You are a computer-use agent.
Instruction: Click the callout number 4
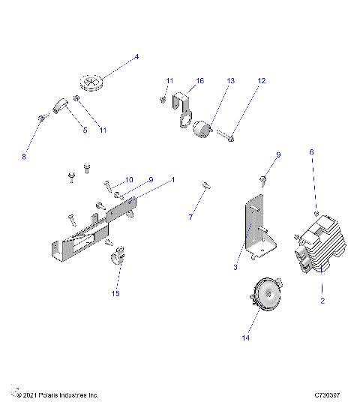pos(136,57)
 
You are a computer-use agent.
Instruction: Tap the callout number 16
pos(199,80)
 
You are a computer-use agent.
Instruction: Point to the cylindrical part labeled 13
pos(200,132)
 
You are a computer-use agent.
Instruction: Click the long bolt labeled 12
pos(226,136)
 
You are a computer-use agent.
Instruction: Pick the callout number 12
pos(261,80)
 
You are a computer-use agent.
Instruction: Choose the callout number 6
pos(312,151)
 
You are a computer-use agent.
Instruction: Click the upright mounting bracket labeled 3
pos(256,229)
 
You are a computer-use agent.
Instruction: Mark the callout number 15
pos(115,293)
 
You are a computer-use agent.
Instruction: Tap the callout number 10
pos(129,180)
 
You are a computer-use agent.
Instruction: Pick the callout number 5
pos(84,130)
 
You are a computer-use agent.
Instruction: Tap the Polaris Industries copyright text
pos(55,394)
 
